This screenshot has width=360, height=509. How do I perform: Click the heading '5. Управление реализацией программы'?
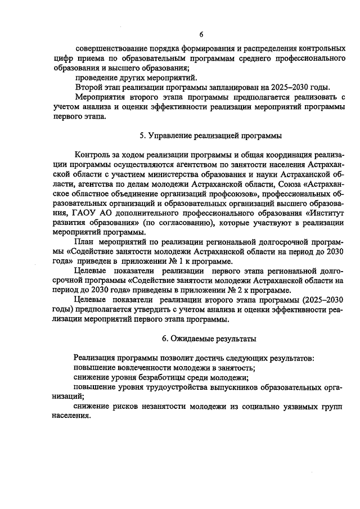210,136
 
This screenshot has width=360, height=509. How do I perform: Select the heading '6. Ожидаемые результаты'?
209,339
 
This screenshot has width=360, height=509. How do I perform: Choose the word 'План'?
84,242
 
